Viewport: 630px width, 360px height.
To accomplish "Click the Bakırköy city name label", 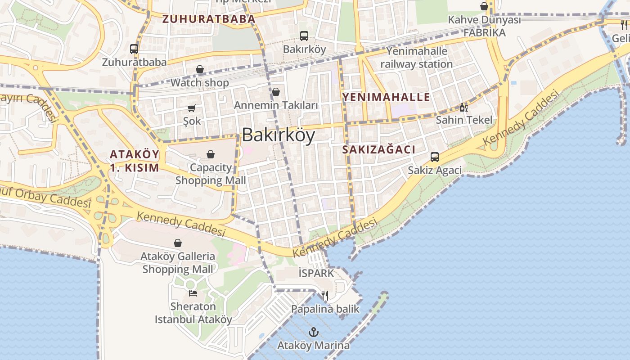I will tap(279, 135).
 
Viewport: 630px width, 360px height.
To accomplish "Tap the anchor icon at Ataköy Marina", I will tap(314, 333).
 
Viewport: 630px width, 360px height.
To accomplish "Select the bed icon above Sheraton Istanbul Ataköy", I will tap(193, 293).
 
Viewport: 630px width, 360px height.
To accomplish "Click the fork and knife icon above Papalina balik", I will tap(325, 296).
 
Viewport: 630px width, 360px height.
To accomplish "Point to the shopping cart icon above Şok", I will tap(192, 108).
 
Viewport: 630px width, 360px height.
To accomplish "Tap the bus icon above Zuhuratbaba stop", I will tap(134, 49).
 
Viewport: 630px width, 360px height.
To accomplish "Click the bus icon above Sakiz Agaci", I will tap(435, 157).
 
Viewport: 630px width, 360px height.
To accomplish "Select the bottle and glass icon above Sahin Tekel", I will tap(464, 107).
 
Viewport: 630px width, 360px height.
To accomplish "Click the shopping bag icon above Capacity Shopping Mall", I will tap(211, 154).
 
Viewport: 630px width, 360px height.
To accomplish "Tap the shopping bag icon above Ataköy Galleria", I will tap(178, 243).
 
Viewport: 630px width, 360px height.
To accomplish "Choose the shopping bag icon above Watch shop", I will tap(200, 69).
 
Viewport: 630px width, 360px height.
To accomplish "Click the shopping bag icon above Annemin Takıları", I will tap(276, 92).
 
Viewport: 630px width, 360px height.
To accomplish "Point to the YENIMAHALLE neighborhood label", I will tap(386, 97).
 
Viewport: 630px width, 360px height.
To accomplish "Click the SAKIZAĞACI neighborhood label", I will tap(379, 150).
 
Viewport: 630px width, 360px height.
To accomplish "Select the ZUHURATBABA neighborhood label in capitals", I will tap(209, 19).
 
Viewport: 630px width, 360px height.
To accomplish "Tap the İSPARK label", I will tap(316, 273).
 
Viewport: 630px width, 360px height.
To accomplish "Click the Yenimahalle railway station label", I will tap(417, 58).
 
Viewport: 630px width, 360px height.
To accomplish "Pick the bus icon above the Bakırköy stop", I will tap(304, 36).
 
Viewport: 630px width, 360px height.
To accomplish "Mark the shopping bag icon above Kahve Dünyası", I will tap(484, 6).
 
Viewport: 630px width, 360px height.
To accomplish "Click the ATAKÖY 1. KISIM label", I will tap(135, 161).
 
